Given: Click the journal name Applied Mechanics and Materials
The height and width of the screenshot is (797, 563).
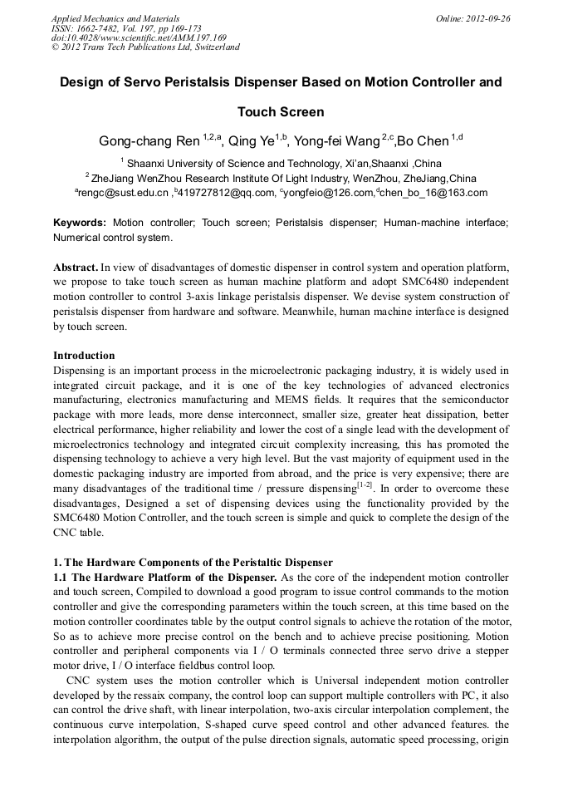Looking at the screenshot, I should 115,18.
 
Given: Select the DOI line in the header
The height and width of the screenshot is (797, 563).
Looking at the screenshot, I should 139,37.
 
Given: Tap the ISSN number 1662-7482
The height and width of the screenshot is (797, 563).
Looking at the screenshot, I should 97,27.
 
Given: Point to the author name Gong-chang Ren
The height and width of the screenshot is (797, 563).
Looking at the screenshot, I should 149,140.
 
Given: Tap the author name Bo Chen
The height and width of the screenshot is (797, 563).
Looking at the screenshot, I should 423,140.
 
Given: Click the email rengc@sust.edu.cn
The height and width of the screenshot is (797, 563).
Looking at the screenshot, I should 124,193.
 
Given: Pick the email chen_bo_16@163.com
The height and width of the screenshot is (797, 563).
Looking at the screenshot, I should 434,193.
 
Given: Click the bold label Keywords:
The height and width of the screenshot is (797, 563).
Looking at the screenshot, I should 80,224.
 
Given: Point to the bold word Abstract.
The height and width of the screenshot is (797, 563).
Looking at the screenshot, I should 75,268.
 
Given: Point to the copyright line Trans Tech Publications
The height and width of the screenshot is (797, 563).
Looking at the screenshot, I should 145,47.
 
